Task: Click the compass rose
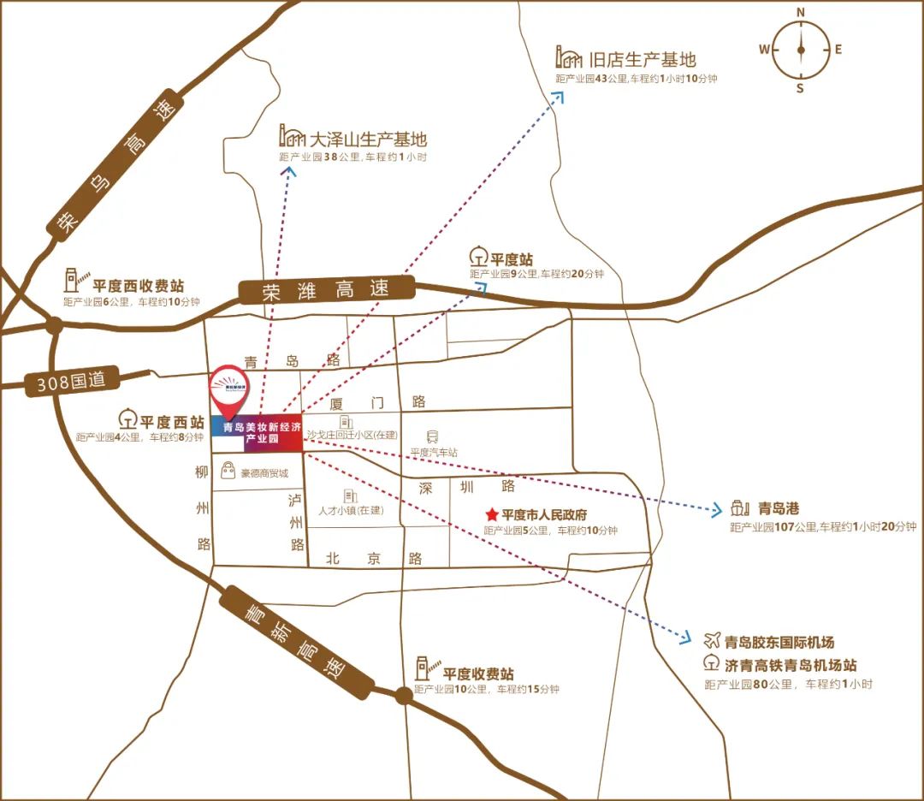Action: [x=801, y=50]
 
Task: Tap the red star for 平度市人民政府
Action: [x=492, y=515]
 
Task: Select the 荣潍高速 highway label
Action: [x=326, y=290]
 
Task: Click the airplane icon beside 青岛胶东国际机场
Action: [x=712, y=641]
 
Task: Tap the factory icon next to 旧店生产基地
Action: [x=567, y=58]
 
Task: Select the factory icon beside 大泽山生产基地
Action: [x=292, y=136]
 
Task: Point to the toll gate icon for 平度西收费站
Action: [x=76, y=279]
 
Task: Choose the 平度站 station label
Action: [x=512, y=258]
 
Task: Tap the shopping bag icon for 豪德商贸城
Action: [x=228, y=470]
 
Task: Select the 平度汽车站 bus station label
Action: [x=434, y=452]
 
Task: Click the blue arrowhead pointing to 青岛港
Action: [x=717, y=512]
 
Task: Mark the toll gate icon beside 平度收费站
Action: [x=425, y=666]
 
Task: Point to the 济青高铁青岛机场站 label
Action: [x=790, y=665]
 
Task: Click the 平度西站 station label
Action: [x=172, y=422]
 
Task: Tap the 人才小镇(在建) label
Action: [x=350, y=510]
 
